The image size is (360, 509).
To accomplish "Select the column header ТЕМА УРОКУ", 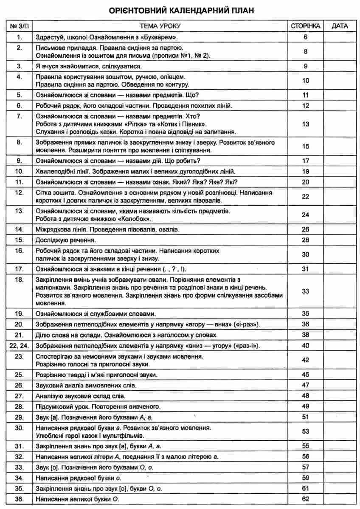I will [158, 26].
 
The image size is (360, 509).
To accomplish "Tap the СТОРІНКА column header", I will [305, 26].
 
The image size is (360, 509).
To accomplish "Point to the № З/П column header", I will [19, 26].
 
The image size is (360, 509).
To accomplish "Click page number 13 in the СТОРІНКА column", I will [305, 124].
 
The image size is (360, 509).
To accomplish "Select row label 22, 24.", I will [19, 346].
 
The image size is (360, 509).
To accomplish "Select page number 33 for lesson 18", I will [305, 291].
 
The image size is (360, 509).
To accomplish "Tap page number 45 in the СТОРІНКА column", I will [305, 375].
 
